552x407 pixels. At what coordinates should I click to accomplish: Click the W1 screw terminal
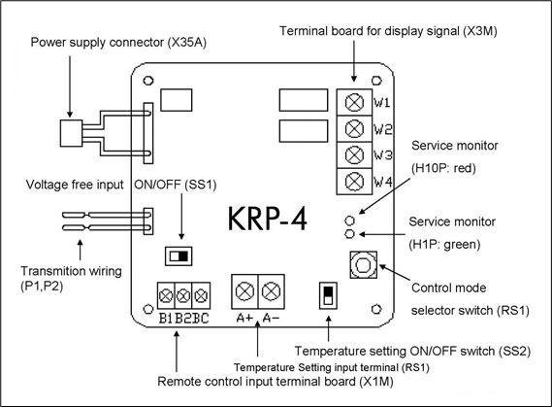tap(354, 102)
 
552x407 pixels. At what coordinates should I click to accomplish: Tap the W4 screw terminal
tap(354, 182)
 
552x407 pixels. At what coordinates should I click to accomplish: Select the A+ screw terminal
tap(244, 291)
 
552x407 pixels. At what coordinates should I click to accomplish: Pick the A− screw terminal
tap(272, 291)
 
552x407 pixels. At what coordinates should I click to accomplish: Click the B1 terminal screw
tap(166, 295)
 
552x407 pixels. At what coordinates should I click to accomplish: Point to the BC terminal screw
tap(201, 295)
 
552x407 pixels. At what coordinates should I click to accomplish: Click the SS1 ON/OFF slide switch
tap(179, 256)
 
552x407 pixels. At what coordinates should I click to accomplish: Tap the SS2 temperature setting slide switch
tap(328, 295)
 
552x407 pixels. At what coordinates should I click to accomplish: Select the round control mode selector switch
tap(363, 265)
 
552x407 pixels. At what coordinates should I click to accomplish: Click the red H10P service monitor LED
tap(349, 220)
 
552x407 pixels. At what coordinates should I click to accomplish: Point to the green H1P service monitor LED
tap(349, 234)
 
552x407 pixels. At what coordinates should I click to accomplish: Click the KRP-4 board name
tap(268, 219)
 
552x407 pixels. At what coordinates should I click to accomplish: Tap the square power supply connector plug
tap(71, 133)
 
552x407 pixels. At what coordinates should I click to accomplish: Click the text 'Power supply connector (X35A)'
tap(118, 43)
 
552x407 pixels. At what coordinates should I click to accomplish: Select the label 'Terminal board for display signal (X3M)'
tap(388, 31)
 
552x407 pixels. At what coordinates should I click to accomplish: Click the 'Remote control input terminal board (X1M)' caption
tap(276, 382)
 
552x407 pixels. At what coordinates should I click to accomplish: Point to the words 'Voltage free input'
tap(75, 185)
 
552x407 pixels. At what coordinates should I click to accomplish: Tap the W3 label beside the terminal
tap(382, 155)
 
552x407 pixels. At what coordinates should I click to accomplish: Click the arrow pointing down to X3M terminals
tap(354, 61)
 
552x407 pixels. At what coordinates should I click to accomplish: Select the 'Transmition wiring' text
tap(71, 271)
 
